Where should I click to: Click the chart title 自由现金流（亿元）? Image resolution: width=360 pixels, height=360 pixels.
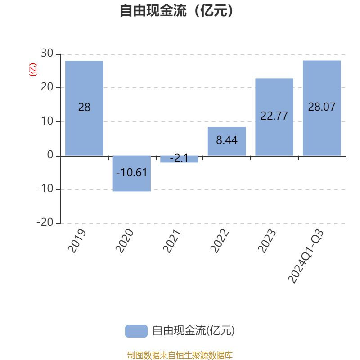click(177, 11)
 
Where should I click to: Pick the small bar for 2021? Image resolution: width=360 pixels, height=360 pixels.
click(179, 159)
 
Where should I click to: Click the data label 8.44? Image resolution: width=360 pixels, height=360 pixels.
click(227, 140)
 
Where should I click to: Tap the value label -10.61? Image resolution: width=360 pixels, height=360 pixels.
click(132, 172)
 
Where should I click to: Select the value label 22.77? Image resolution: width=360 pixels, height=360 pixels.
click(274, 116)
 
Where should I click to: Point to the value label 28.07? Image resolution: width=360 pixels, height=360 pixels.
click(322, 107)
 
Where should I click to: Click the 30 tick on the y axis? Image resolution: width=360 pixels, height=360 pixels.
click(47, 54)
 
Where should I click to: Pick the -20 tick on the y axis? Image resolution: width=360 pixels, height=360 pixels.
click(45, 223)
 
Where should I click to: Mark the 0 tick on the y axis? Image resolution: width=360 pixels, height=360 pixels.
click(50, 156)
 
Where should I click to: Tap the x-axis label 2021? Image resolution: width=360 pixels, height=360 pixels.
click(172, 241)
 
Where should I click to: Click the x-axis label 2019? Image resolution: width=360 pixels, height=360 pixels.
click(77, 241)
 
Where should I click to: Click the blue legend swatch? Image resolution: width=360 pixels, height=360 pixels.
click(136, 331)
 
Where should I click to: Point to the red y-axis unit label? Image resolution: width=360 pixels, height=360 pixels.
click(32, 70)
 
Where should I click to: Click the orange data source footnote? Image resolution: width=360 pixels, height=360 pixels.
click(180, 355)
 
